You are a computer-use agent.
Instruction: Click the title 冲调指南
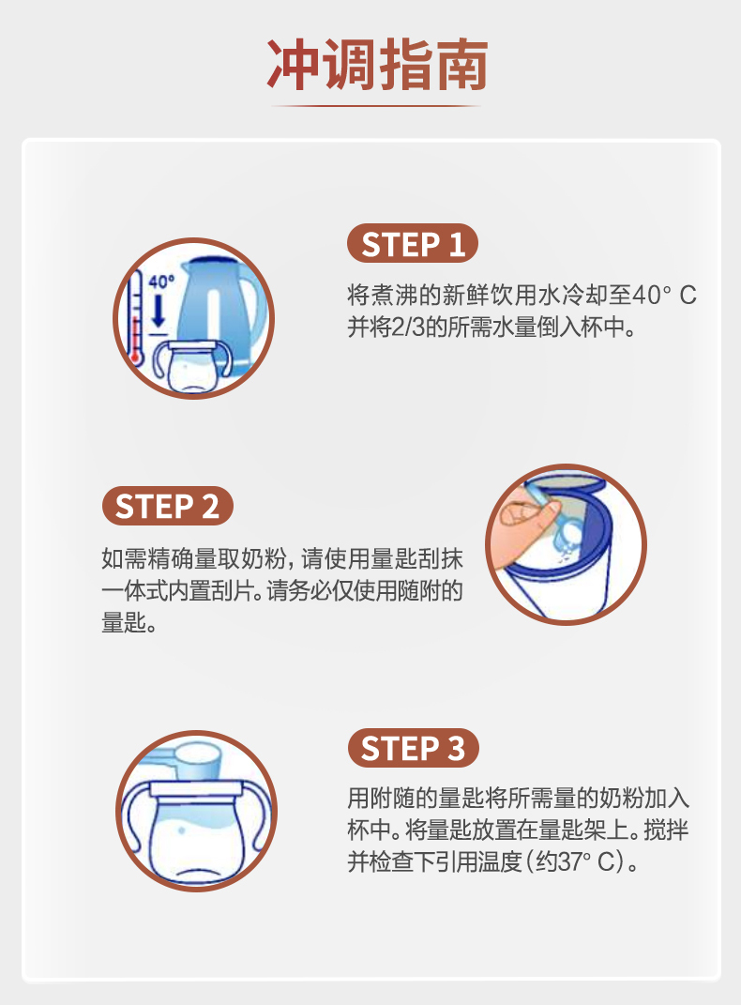377,65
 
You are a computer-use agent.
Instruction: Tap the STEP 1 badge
413,244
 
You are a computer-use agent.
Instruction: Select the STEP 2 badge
168,506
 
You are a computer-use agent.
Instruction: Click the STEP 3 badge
413,748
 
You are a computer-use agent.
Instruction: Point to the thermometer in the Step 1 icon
135,317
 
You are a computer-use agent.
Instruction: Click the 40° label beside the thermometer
161,282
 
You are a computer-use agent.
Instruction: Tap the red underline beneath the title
376,106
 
